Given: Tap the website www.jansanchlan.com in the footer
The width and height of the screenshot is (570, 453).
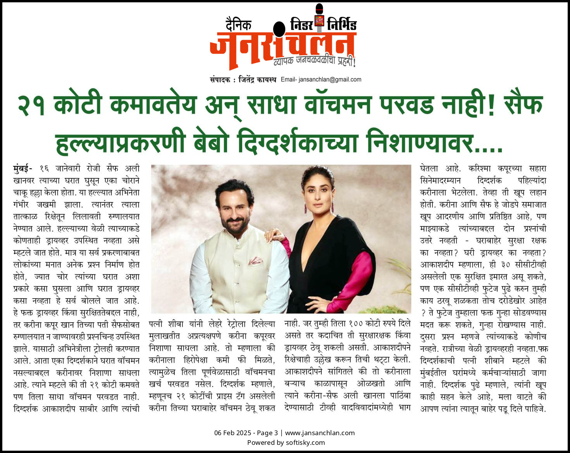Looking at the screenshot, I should click(x=320, y=433).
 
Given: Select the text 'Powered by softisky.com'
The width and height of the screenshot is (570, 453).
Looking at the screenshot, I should click(x=286, y=443).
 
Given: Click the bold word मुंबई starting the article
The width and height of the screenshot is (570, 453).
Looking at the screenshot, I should click(x=22, y=169).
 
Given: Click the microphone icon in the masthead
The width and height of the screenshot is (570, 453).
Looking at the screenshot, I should click(x=319, y=17).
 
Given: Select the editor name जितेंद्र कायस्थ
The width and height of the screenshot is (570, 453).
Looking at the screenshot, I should click(x=257, y=80).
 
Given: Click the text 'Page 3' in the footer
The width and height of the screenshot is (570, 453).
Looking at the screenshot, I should click(x=267, y=433).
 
